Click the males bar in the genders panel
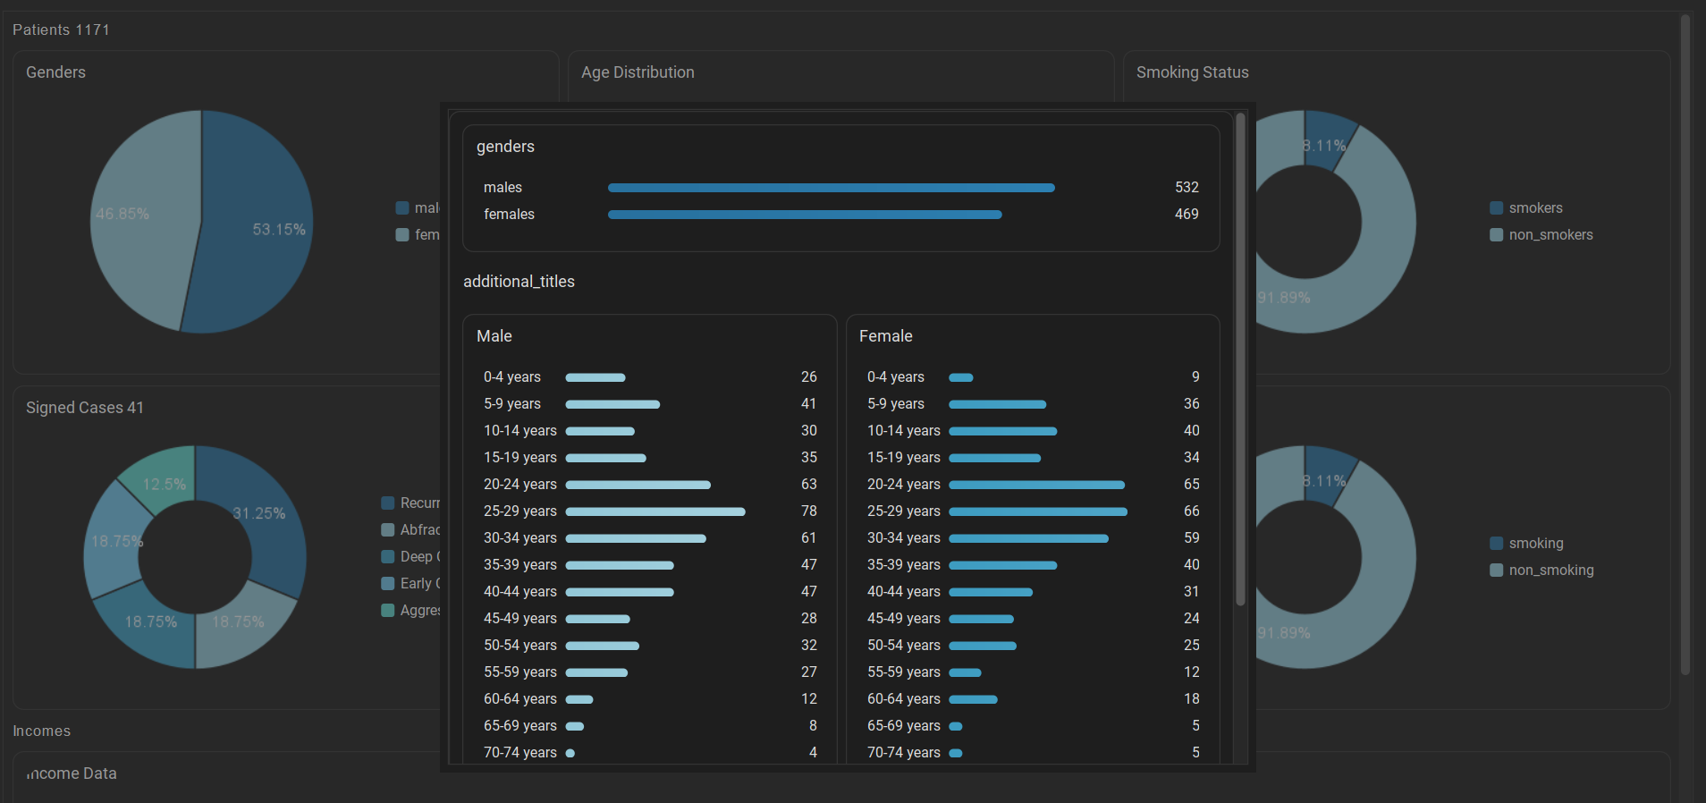coord(831,188)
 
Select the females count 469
coord(1187,215)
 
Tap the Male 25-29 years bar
coord(655,511)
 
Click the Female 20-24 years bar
coord(1036,485)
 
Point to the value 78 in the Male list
coord(808,511)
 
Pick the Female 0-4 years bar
coord(961,377)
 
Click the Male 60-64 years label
coord(519,699)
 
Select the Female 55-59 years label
coord(903,672)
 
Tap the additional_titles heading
coord(519,282)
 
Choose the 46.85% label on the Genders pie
coord(122,215)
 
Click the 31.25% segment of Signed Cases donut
coord(259,514)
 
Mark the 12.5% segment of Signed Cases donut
coord(164,485)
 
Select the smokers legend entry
coord(1535,208)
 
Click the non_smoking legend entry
coord(1550,571)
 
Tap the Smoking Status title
coord(1192,72)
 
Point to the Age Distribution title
coord(638,72)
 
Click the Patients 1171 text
coord(61,30)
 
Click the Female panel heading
coord(885,336)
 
